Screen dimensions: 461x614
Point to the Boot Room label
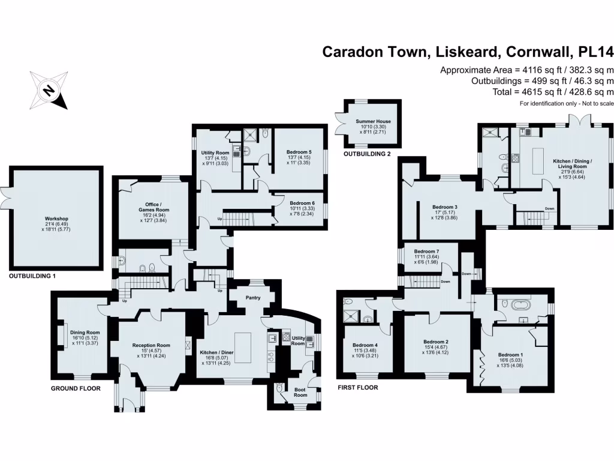[x=300, y=391]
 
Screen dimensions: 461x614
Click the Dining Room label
[x=85, y=332]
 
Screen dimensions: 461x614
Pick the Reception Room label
[x=151, y=345]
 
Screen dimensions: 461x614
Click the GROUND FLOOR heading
[x=75, y=388]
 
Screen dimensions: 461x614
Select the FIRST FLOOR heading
[x=358, y=387]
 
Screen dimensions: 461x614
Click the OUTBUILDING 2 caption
[x=366, y=154]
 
